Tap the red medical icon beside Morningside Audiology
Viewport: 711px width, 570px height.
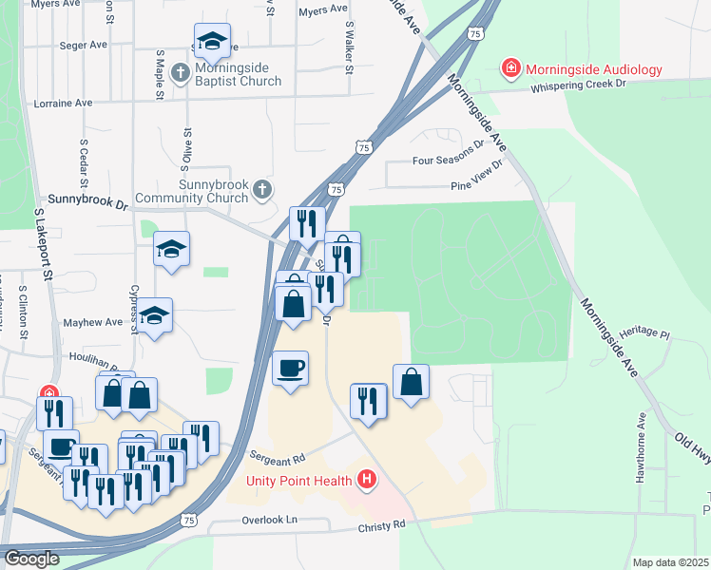tap(511, 69)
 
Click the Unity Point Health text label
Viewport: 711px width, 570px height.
tap(299, 480)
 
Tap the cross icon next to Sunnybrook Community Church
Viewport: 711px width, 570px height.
tap(261, 190)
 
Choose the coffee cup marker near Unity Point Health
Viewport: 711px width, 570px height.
tap(290, 368)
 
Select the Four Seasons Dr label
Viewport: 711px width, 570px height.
tap(448, 161)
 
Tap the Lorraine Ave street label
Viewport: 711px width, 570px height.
tap(63, 103)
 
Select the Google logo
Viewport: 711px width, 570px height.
tap(31, 559)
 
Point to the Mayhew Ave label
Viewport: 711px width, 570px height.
tap(93, 322)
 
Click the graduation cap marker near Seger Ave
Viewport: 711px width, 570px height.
tap(212, 41)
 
